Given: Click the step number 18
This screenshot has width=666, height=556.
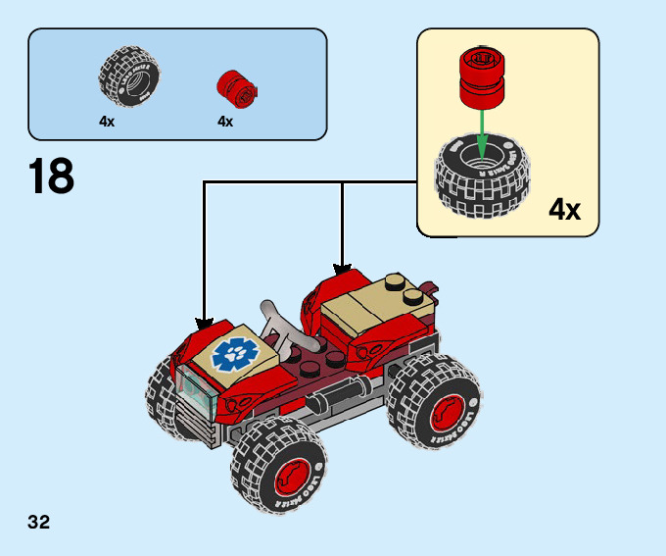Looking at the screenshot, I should pyautogui.click(x=51, y=177).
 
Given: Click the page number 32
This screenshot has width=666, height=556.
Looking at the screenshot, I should pyautogui.click(x=39, y=521).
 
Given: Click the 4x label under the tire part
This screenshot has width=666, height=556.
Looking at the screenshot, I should pyautogui.click(x=107, y=123).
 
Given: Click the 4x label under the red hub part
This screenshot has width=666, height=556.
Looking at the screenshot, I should pyautogui.click(x=225, y=123).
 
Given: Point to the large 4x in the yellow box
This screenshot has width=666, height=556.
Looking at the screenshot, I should pyautogui.click(x=564, y=209).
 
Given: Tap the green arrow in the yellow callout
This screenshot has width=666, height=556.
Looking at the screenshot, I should pyautogui.click(x=481, y=132).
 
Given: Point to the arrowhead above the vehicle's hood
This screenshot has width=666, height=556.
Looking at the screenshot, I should pyautogui.click(x=204, y=323).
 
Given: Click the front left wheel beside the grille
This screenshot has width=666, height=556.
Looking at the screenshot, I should pyautogui.click(x=162, y=397).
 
